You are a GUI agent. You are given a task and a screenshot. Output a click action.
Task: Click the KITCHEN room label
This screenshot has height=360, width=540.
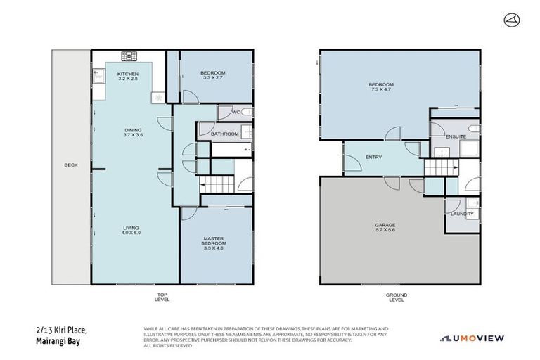pyautogui.click(x=127, y=74)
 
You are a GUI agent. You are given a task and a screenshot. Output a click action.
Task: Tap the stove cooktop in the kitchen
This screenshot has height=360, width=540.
pyautogui.click(x=130, y=56)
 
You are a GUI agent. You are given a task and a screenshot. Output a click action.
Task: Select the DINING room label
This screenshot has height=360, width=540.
pyautogui.click(x=133, y=130)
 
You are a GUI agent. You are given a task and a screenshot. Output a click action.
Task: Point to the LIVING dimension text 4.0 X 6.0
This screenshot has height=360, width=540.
pyautogui.click(x=132, y=233)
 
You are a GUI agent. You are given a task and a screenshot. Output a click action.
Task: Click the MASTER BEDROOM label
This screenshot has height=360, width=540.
pyautogui.click(x=213, y=240)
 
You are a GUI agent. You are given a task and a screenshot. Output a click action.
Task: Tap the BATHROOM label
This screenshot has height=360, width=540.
pyautogui.click(x=226, y=134)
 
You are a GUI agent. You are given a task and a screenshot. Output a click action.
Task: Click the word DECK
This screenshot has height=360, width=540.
pyautogui.click(x=71, y=165)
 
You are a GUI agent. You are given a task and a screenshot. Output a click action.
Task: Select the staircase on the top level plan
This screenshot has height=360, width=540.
pyautogui.click(x=218, y=184)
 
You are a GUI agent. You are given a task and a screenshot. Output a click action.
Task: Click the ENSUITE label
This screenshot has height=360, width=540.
pyautogui.click(x=455, y=136)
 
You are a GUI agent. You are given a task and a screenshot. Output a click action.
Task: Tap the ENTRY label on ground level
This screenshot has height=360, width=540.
pyautogui.click(x=373, y=157)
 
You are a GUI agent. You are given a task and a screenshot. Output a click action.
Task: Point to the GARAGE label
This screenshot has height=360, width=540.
pyautogui.click(x=385, y=226)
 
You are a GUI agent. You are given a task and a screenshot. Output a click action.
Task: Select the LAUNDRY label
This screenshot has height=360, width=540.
pyautogui.click(x=461, y=214)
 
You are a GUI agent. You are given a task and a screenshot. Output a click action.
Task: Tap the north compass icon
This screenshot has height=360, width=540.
pyautogui.click(x=510, y=20)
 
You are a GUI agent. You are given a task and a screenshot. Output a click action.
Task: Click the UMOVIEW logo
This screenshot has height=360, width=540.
pyautogui.click(x=472, y=338)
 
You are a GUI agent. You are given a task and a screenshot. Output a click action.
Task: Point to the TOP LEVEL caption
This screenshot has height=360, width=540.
pyautogui.click(x=162, y=297)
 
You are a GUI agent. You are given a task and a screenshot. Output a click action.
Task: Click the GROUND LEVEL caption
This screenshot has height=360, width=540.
pyautogui.click(x=397, y=297)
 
